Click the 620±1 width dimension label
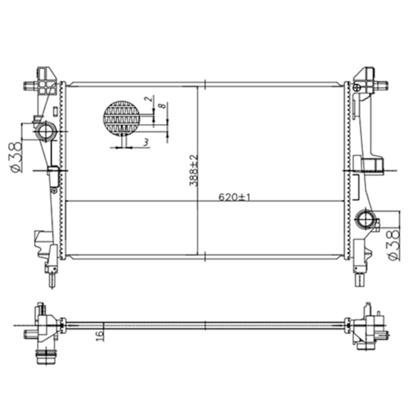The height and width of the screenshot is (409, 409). [x=235, y=197]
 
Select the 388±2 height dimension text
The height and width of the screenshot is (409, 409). [x=194, y=171]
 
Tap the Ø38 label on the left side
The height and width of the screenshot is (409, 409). [x=16, y=157]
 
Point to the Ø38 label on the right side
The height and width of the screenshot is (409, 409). [x=394, y=245]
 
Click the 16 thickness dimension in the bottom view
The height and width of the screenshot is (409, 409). [x=100, y=335]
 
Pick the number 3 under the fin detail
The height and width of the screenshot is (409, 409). [x=146, y=142]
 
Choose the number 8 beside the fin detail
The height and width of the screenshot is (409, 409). [x=162, y=106]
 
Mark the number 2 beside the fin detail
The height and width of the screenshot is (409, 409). [x=148, y=99]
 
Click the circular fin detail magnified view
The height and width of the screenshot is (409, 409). [x=122, y=118]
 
